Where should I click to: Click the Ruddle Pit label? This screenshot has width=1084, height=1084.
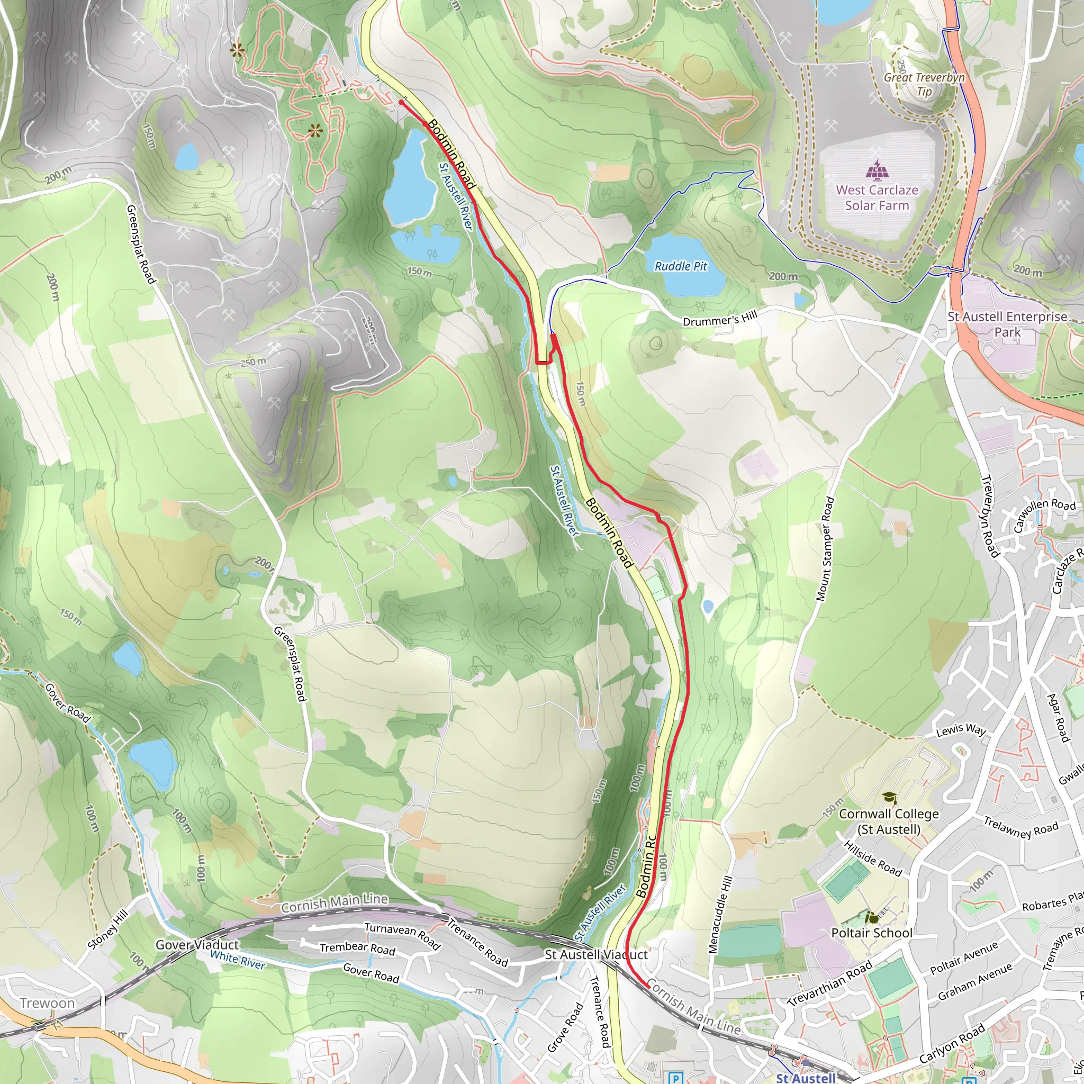pyautogui.click(x=681, y=267)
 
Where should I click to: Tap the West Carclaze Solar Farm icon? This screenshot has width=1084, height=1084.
pyautogui.click(x=876, y=169)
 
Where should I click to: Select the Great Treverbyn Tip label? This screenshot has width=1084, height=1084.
pyautogui.click(x=924, y=84)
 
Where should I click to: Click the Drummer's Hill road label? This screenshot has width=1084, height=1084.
pyautogui.click(x=720, y=319)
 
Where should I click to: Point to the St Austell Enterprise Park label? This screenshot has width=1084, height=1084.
pyautogui.click(x=1007, y=324)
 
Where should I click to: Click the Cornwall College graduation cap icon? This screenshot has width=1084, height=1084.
pyautogui.click(x=889, y=797)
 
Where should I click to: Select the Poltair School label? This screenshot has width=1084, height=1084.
pyautogui.click(x=871, y=933)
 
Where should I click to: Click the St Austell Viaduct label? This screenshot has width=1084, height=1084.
pyautogui.click(x=596, y=954)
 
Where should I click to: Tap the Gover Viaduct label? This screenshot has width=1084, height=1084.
pyautogui.click(x=197, y=945)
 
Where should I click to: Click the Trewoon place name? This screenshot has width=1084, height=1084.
pyautogui.click(x=47, y=1003)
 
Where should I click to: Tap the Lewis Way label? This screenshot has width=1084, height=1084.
pyautogui.click(x=961, y=730)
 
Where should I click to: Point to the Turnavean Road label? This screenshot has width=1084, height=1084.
pyautogui.click(x=402, y=935)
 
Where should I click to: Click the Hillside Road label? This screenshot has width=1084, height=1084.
pyautogui.click(x=872, y=859)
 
